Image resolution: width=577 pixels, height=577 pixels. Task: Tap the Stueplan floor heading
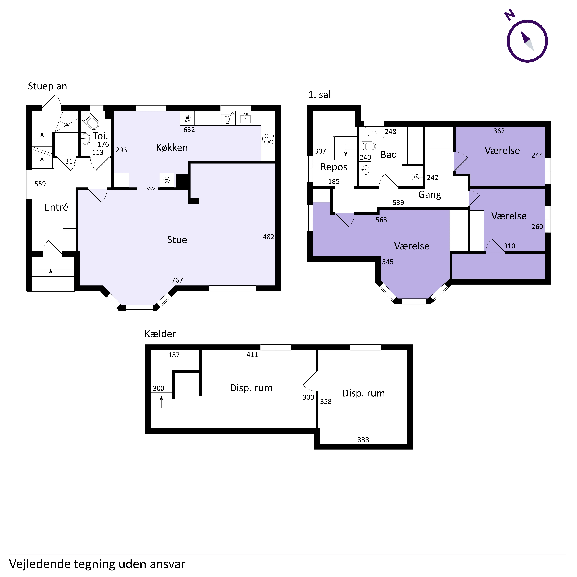(48, 86)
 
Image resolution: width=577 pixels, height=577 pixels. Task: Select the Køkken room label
(172, 148)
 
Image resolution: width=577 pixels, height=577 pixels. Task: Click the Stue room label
(177, 240)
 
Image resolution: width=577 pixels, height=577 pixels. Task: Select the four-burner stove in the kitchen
(268, 139)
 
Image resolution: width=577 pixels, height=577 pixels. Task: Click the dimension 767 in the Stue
(177, 280)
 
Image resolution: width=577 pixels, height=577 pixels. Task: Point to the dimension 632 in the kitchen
(189, 130)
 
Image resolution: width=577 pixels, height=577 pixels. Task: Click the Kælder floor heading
(160, 334)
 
